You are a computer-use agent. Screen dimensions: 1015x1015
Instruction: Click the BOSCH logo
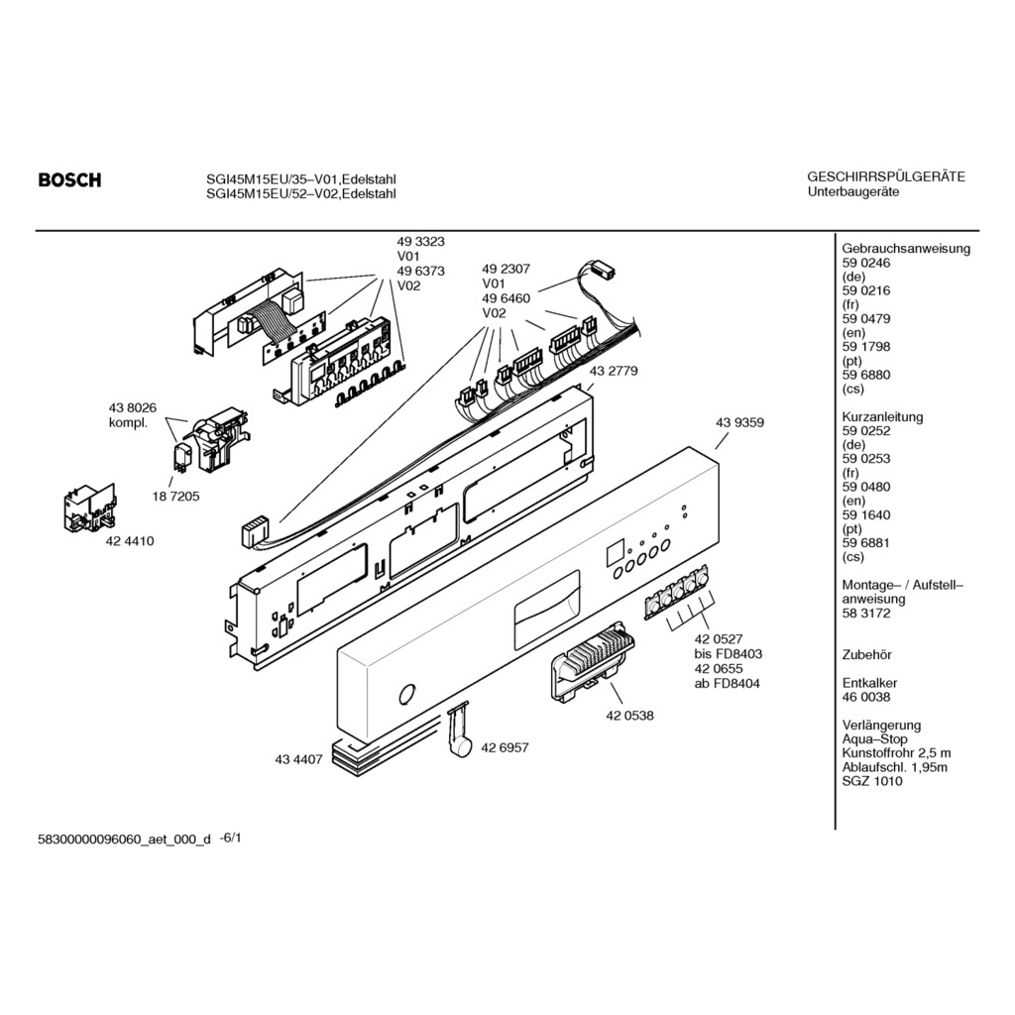pos(70,180)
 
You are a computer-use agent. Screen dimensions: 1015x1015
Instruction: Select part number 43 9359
pos(739,422)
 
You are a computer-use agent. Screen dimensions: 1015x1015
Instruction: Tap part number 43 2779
pos(613,371)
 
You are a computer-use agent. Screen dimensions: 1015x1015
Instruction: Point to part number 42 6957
pos(505,747)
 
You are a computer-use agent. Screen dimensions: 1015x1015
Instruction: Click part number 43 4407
pos(298,760)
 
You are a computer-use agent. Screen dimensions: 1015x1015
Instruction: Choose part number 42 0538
pos(629,716)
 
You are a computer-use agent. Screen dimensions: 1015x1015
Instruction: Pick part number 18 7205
pos(176,497)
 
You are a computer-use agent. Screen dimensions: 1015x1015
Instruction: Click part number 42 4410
pos(130,541)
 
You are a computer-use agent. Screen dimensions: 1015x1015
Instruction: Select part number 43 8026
pos(132,407)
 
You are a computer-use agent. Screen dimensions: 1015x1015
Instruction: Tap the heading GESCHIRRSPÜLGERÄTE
pos(886,176)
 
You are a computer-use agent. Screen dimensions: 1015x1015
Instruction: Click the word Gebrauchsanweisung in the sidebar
pos(906,249)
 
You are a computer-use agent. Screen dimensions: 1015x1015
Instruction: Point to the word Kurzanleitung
pos(882,417)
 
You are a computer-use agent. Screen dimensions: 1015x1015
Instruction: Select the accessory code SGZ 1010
pos(872,781)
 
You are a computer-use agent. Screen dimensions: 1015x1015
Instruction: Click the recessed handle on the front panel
pos(547,610)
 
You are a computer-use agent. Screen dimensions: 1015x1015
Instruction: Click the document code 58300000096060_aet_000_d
pos(124,840)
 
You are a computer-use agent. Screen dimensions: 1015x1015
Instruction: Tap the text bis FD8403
pos(729,654)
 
